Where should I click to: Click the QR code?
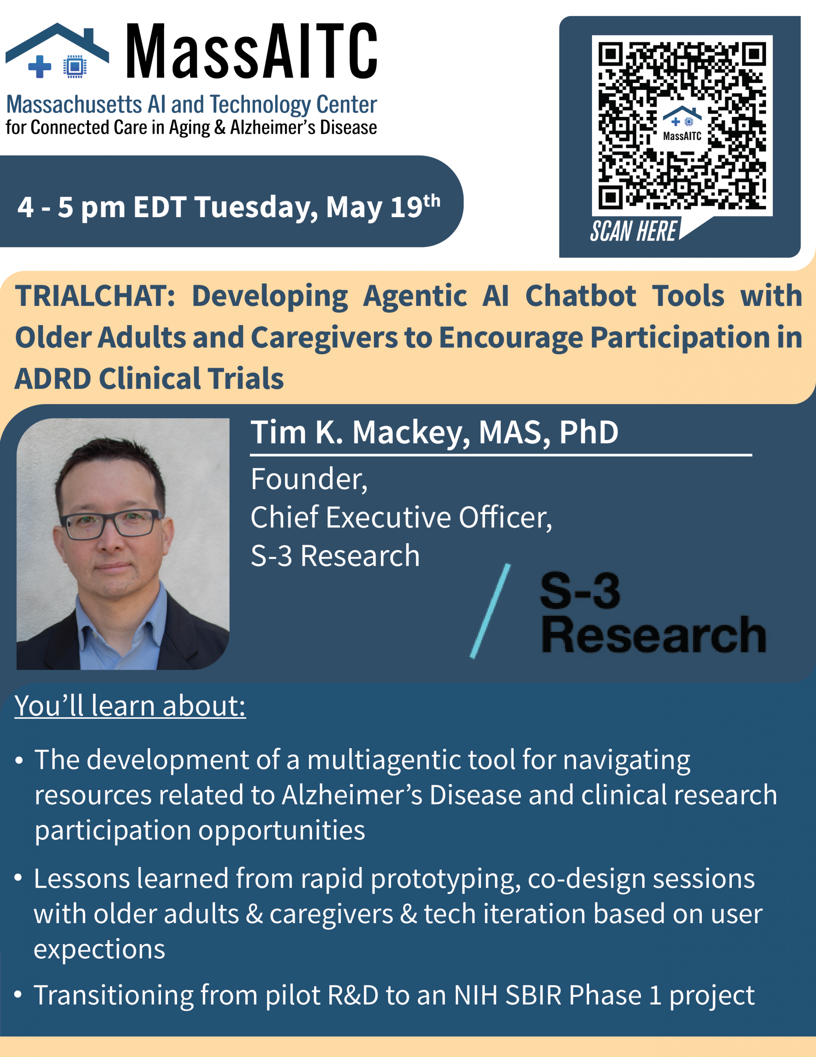click(x=682, y=126)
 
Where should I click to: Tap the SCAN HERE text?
click(x=633, y=231)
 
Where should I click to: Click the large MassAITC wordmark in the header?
click(x=252, y=51)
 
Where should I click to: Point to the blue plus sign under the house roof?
click(x=40, y=66)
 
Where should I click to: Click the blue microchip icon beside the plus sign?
click(x=75, y=66)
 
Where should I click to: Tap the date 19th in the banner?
click(x=415, y=206)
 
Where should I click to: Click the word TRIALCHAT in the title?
click(x=95, y=296)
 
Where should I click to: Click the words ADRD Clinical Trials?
click(x=149, y=379)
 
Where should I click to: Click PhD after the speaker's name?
click(x=588, y=432)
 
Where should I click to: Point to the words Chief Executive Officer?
click(x=401, y=518)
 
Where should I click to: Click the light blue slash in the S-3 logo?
click(x=490, y=611)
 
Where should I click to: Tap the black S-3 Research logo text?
click(x=653, y=612)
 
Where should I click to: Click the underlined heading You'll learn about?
click(x=130, y=706)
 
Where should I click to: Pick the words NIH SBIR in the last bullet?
click(x=507, y=995)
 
